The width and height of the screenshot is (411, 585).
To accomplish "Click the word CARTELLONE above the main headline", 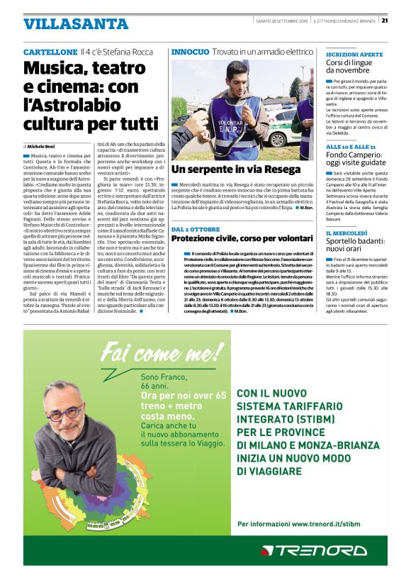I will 50,52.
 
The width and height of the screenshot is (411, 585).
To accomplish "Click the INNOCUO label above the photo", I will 190,52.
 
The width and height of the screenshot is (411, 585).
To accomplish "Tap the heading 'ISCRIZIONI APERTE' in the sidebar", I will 354,54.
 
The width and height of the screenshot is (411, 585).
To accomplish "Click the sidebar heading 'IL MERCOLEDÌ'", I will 347,233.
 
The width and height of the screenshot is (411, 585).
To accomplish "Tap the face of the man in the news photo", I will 235,74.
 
